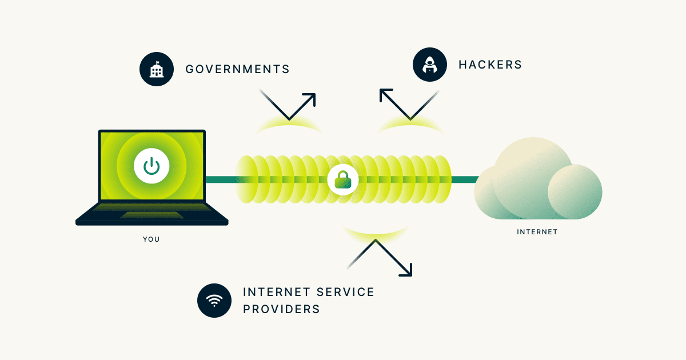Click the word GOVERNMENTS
coord(237,70)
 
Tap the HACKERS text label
coord(490,65)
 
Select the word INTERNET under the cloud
coord(537,232)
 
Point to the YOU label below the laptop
coord(151,239)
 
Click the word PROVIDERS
coord(281,309)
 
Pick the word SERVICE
coord(342,292)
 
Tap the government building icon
coord(156,70)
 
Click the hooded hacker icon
coord(429,65)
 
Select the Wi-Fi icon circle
coord(214,301)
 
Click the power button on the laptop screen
coord(151,166)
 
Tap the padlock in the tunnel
coord(342,180)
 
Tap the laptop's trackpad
coord(151,215)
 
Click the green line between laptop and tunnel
coord(220,180)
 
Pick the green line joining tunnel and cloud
coord(464,180)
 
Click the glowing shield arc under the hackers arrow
coord(410,125)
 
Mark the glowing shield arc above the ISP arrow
coord(376,231)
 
